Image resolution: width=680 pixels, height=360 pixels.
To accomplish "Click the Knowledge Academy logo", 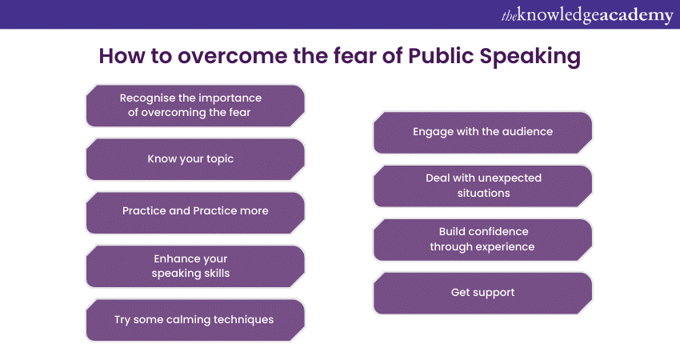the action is (x=587, y=15).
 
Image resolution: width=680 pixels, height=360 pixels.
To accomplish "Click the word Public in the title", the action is (x=441, y=56).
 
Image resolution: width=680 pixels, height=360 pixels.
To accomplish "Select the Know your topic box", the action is (x=195, y=159).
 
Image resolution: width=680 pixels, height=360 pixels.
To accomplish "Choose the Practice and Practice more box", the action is (x=195, y=213).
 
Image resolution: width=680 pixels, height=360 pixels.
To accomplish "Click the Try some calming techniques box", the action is (x=195, y=320).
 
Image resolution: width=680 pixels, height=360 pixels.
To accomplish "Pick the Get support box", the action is (x=482, y=294).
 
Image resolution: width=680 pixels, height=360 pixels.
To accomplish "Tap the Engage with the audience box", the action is (x=482, y=133).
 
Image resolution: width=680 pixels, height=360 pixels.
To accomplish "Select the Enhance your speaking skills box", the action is (x=195, y=266).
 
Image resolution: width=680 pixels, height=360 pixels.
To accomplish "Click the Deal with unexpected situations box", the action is (x=482, y=186).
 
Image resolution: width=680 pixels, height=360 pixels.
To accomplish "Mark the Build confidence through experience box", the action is (x=482, y=240).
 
